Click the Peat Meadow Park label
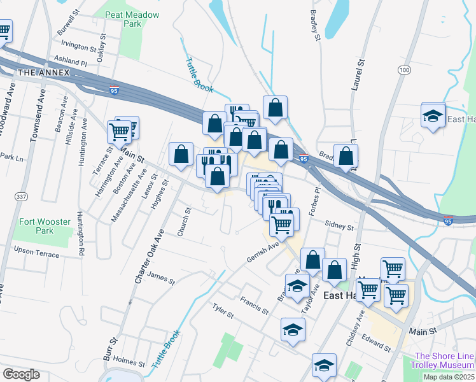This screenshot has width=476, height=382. (x=123, y=17)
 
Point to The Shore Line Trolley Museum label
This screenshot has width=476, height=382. (x=444, y=360)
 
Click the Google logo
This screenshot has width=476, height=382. (x=21, y=374)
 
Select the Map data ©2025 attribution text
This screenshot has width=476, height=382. (x=449, y=377)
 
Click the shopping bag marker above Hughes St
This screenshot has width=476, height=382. (x=181, y=154)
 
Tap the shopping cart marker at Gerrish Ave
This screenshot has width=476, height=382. (x=281, y=223)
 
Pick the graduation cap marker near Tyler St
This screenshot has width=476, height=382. (x=293, y=330)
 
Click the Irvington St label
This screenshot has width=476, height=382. (x=78, y=45)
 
